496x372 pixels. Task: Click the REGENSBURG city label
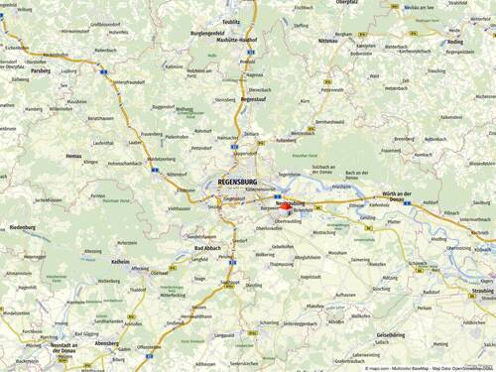tap(236, 183)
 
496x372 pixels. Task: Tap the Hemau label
tap(75, 157)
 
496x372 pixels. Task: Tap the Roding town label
tap(454, 43)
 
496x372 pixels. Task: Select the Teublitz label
tap(232, 21)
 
